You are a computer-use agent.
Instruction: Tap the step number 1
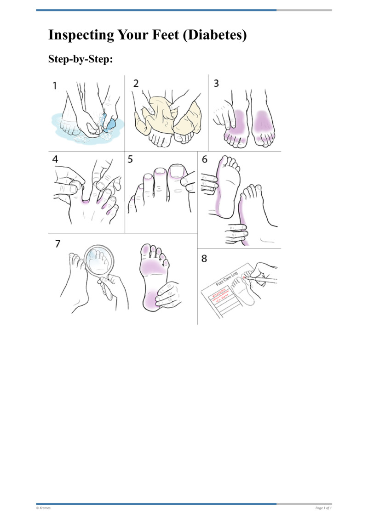pos(55,85)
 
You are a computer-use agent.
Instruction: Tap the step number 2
pos(136,84)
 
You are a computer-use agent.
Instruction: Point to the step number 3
pos(216,83)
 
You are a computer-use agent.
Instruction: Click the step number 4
pos(56,160)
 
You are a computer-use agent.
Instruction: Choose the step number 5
pos(131,160)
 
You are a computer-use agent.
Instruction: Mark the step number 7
pos(57,243)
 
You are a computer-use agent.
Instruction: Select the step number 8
pos(204,259)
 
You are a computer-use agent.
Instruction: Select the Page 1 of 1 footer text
pos(323,508)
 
